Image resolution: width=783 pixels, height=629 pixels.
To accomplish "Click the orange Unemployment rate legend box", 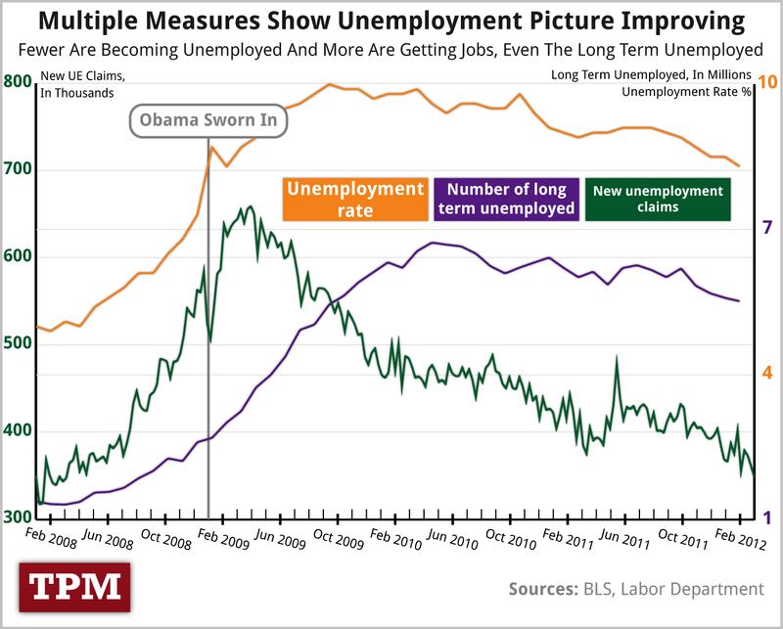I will [354, 200].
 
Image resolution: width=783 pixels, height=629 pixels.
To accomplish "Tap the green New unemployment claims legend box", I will [658, 200].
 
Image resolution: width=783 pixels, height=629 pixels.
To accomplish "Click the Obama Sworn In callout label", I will [209, 120].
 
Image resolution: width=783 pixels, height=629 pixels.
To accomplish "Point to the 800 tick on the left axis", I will [18, 83].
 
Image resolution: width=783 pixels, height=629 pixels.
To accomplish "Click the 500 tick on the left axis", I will [18, 344].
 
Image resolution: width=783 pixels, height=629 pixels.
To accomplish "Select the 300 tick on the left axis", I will [18, 518].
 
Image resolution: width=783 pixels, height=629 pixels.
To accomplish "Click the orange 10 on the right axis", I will [767, 83].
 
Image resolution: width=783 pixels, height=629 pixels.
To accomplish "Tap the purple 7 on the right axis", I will [767, 228].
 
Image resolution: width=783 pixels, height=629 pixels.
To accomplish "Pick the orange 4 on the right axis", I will [767, 373].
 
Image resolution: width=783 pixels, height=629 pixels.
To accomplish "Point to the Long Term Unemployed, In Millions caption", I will [651, 75].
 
